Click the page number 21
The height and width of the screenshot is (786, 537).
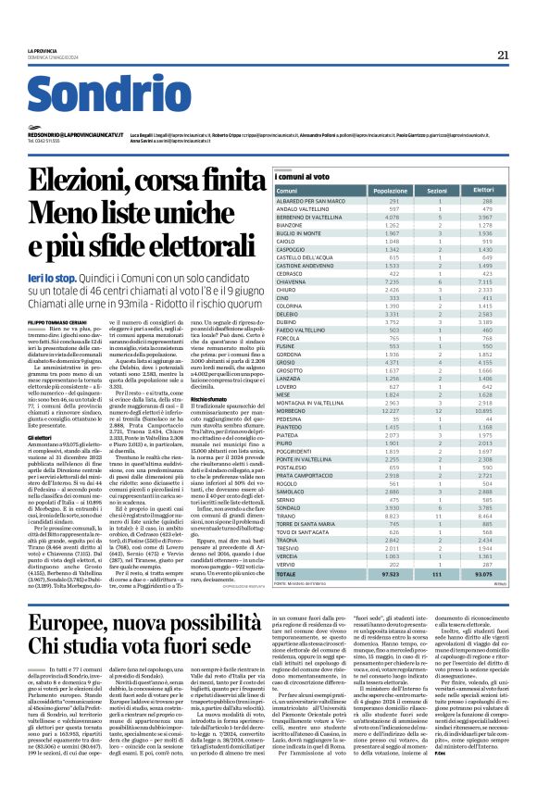(x=503, y=55)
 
